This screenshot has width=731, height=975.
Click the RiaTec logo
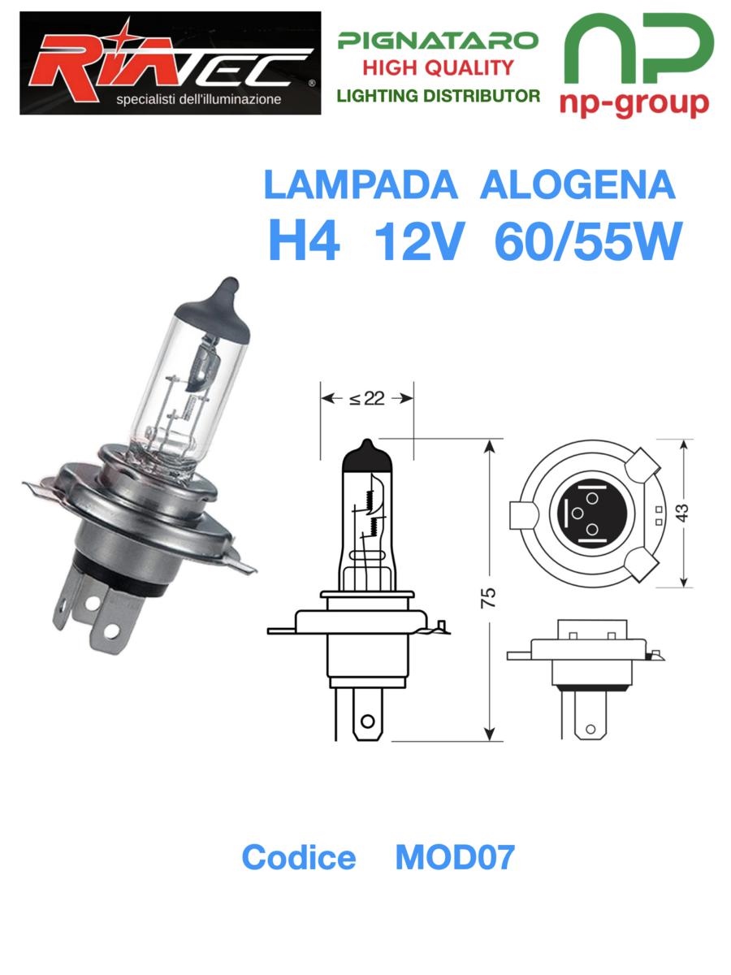pos(170,63)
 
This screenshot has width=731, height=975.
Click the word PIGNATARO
pos(438,41)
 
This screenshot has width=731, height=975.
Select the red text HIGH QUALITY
pos(438,68)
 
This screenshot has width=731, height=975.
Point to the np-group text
pos(634,104)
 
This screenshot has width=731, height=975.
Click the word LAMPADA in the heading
pos(361,185)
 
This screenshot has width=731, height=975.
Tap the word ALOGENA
pos(577,185)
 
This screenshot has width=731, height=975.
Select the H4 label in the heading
pos(305,241)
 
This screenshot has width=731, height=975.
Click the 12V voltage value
pos(419,241)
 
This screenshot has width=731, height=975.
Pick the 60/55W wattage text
pos(587,241)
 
